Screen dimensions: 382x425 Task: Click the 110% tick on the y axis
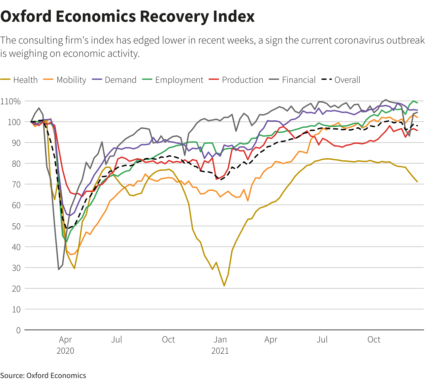(11, 101)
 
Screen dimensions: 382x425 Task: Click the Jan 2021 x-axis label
(220, 345)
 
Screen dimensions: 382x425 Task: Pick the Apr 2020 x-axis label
(65, 345)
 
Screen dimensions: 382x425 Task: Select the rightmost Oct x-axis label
(374, 339)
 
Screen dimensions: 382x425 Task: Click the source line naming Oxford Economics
(43, 375)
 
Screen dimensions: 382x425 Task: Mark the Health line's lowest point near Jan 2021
(224, 286)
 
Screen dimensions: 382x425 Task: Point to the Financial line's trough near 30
(59, 270)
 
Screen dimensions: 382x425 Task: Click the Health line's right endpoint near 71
(417, 182)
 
